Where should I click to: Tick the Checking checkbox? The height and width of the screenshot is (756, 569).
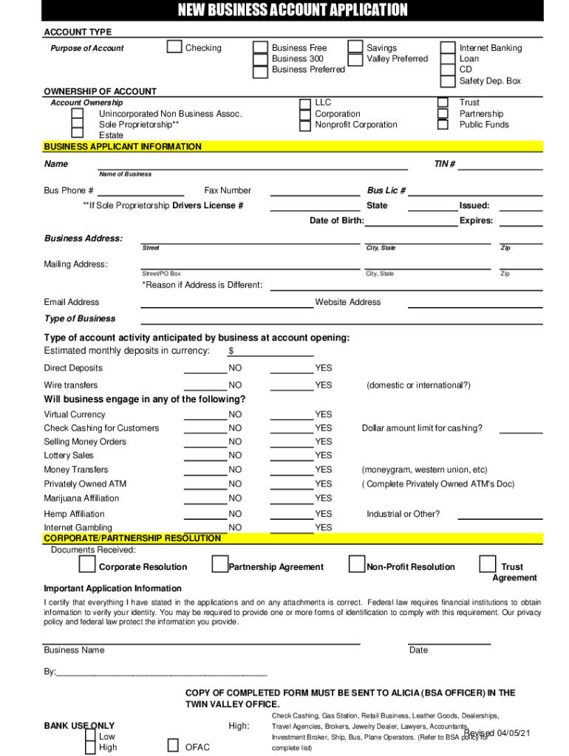174,47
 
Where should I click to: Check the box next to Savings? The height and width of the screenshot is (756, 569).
355,48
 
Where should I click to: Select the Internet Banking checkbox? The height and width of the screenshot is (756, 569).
448,48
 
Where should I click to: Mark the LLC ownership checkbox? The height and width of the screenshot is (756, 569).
305,103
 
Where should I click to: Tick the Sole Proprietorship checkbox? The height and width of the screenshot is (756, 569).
78,125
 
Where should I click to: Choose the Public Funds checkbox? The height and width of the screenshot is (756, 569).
443,125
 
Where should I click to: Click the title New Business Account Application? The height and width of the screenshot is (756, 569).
292,10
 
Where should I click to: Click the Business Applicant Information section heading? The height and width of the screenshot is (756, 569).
123,146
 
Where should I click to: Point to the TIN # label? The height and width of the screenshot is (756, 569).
444,164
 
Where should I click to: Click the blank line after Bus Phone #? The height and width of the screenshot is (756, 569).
140,195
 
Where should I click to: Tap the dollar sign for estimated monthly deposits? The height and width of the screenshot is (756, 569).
231,351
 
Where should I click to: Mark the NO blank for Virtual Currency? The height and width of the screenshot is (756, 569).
205,419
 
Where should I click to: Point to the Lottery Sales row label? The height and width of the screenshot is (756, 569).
69,456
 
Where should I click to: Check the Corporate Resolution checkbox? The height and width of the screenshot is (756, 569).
87,566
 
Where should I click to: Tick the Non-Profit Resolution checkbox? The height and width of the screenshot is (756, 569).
356,565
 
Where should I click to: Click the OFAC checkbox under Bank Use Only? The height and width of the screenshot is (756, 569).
173,745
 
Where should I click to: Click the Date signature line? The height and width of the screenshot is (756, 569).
449,643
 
